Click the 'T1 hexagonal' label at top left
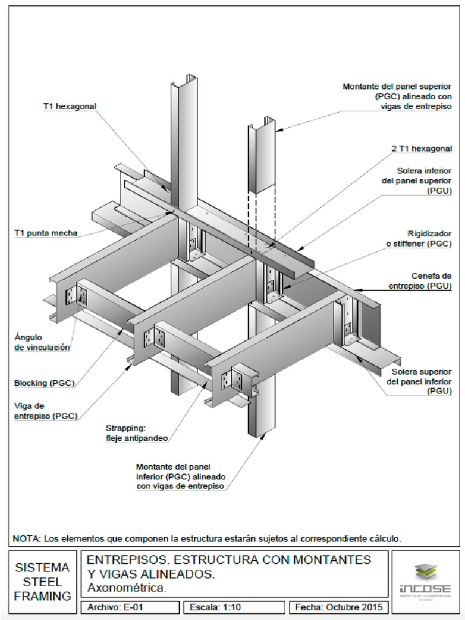tap(70, 107)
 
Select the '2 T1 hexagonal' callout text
tap(421, 148)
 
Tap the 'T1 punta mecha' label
tap(47, 233)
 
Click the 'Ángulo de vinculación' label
tap(42, 342)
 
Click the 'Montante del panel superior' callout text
tap(397, 96)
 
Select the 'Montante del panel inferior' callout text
tap(181, 477)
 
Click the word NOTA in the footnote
tap(27, 538)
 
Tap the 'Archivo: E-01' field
tap(115, 607)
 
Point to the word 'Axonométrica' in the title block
tap(127, 587)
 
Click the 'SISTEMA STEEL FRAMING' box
tap(42, 582)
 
